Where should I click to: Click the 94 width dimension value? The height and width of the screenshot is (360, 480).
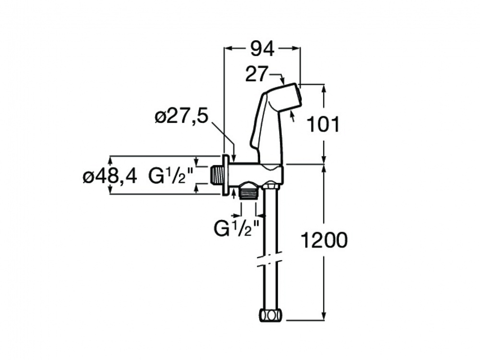tap(263, 48)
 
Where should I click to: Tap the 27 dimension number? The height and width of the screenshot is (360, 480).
tap(257, 74)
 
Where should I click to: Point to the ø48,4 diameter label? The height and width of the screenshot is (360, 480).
tap(109, 177)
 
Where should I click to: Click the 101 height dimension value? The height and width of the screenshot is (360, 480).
tap(323, 124)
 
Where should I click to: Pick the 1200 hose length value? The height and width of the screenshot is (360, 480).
tap(324, 240)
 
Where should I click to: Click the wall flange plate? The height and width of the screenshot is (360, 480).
tap(226, 175)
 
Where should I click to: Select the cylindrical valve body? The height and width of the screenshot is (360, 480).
tap(256, 175)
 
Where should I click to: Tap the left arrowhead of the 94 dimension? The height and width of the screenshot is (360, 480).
tap(228, 48)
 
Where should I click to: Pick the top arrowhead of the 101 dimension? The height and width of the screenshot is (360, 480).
tap(324, 88)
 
